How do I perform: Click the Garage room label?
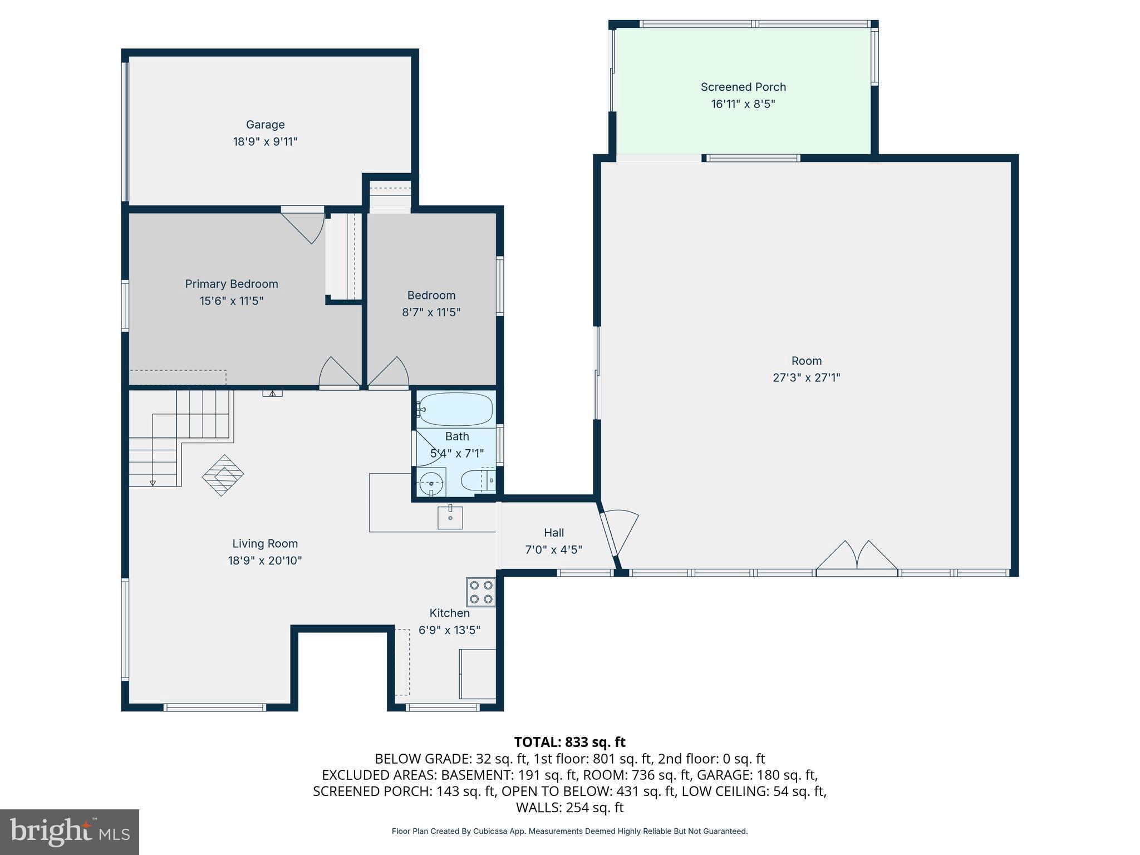click(x=265, y=125)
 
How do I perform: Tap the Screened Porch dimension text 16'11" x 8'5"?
click(x=743, y=104)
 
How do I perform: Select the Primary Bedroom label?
click(x=232, y=284)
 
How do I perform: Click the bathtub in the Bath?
click(x=455, y=409)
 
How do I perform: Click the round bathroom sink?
click(x=431, y=483)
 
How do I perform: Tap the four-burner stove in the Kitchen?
click(x=481, y=592)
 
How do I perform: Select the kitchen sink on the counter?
click(x=450, y=518)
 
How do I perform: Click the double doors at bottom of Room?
click(x=857, y=556)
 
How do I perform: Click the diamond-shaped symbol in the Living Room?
click(x=223, y=475)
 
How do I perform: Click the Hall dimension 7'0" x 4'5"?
click(x=553, y=550)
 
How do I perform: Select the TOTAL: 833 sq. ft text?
click(x=569, y=742)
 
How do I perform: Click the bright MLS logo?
click(x=70, y=832)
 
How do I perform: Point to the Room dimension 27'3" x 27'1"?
click(x=806, y=377)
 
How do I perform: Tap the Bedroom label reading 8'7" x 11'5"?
click(x=431, y=312)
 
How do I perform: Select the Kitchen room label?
click(x=449, y=613)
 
